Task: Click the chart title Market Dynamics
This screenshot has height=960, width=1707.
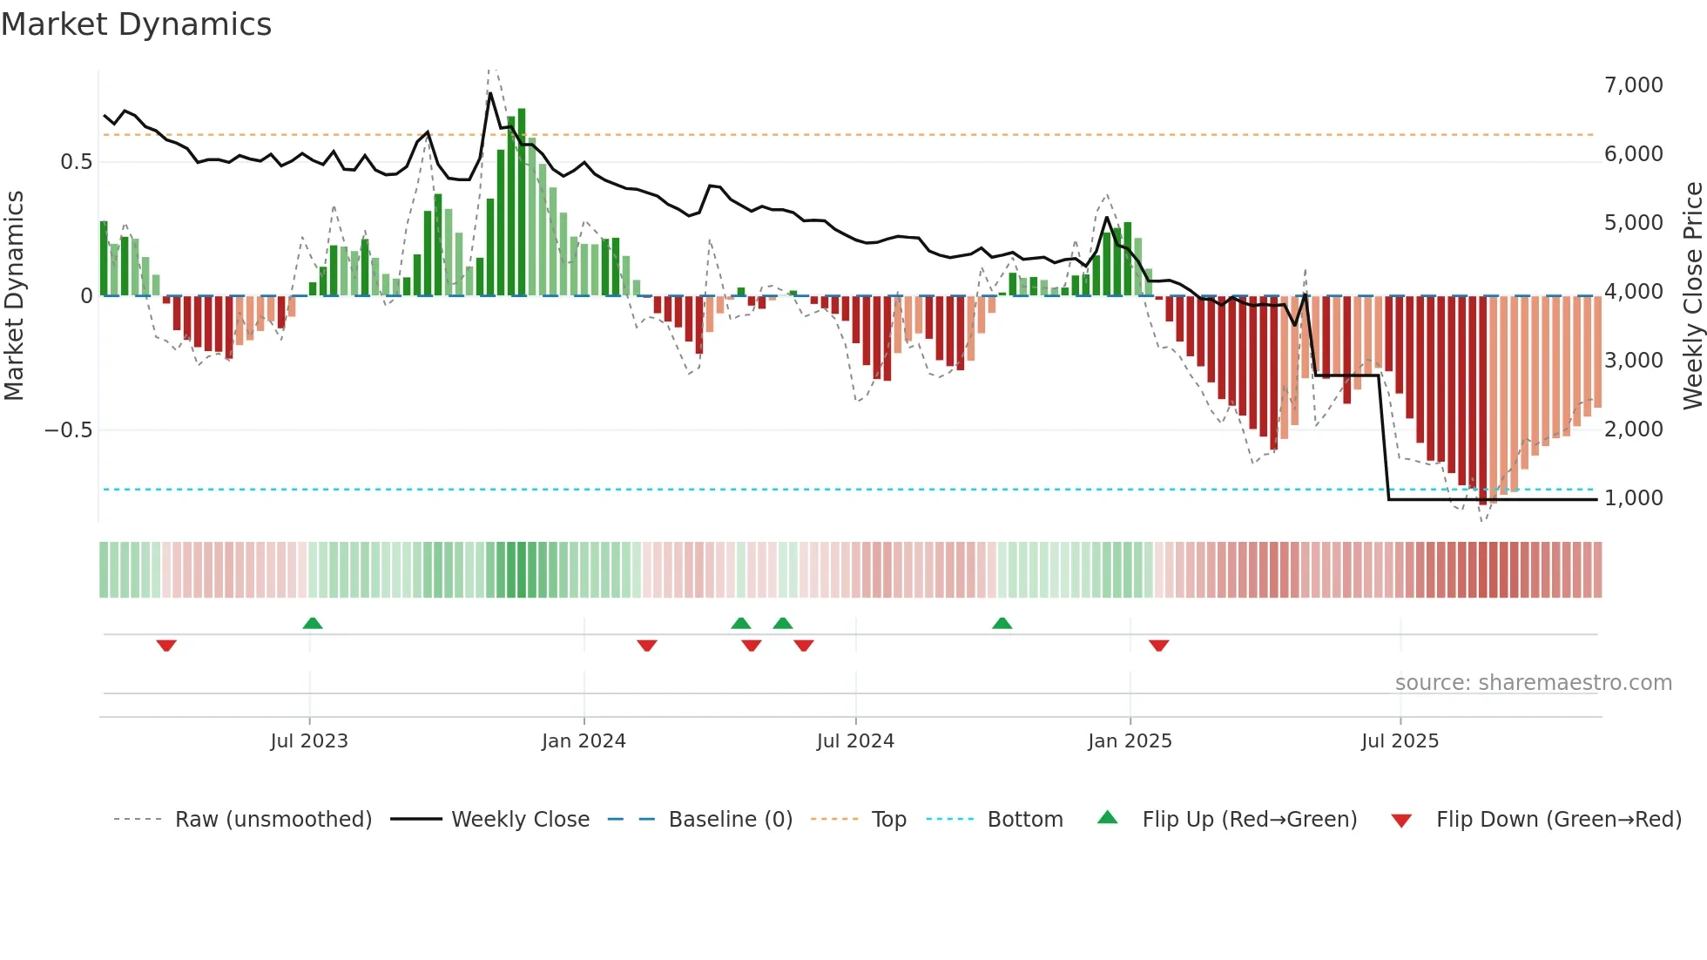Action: click(x=137, y=24)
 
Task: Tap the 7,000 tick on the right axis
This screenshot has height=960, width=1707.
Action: click(x=1633, y=85)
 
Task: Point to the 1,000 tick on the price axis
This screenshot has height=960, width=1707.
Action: click(x=1633, y=498)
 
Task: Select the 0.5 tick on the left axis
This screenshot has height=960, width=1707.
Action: click(x=76, y=162)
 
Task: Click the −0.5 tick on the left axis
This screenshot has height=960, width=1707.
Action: click(x=68, y=430)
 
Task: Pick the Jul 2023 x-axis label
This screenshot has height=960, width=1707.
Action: click(x=309, y=741)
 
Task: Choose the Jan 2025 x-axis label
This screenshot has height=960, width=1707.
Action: click(x=1130, y=741)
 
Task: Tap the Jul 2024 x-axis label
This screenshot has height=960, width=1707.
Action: click(x=855, y=741)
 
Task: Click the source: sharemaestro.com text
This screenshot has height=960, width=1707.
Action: click(x=1533, y=683)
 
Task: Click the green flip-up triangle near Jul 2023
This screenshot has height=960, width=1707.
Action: click(x=313, y=623)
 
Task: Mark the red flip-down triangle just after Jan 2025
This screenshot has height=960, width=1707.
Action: click(x=1158, y=646)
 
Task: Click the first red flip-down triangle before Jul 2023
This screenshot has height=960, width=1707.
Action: click(x=166, y=646)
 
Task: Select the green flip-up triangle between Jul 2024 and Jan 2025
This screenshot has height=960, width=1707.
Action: click(x=1002, y=623)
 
